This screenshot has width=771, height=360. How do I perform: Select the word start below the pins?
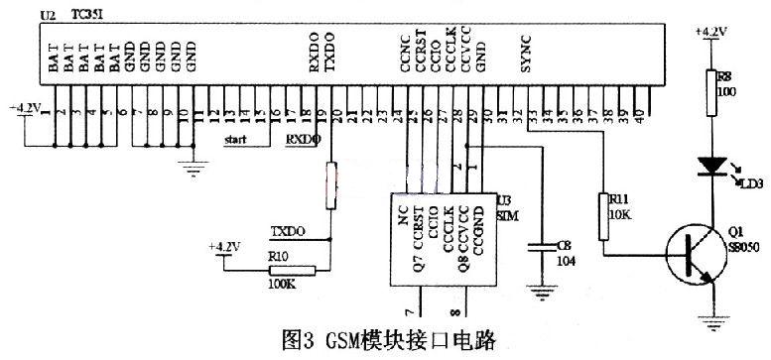[x=236, y=141]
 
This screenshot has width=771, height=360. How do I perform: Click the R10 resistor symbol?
[x=292, y=270]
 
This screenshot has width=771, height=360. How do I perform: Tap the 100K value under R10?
[x=284, y=286]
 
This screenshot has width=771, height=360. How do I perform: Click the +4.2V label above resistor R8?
[x=712, y=32]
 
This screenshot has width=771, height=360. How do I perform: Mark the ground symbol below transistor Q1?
[x=711, y=320]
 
